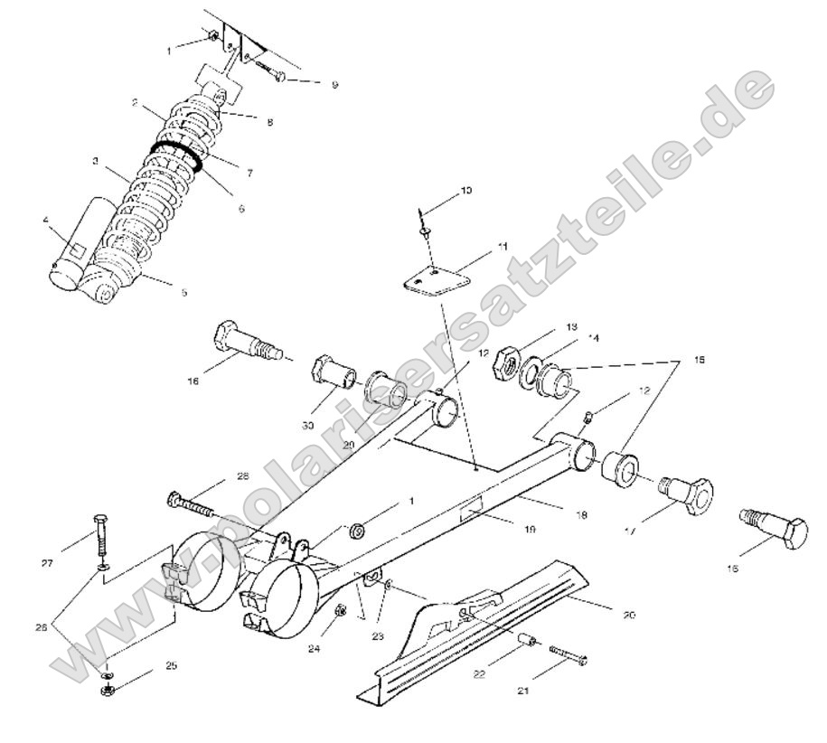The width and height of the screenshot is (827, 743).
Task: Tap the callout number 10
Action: pyautogui.click(x=465, y=191)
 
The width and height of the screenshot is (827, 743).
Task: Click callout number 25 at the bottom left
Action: pyautogui.click(x=171, y=665)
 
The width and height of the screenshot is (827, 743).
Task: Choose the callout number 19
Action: pyautogui.click(x=529, y=530)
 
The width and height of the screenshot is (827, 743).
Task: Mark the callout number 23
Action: pyautogui.click(x=378, y=636)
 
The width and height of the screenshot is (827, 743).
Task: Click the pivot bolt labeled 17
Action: pyautogui.click(x=685, y=492)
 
